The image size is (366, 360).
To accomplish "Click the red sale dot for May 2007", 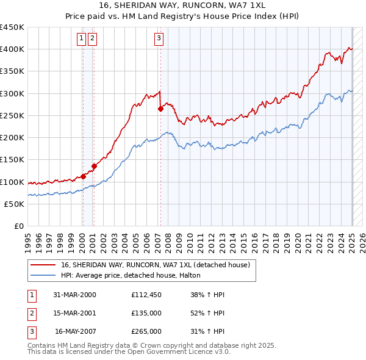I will tap(160, 109).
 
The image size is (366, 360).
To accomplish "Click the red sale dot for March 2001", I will tap(94, 166).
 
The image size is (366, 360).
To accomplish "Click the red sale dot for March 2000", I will tap(84, 176).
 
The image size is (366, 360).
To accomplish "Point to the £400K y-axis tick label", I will tap(12, 49).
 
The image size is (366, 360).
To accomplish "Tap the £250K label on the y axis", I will tap(12, 115).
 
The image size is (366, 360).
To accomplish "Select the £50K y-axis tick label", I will tap(15, 204).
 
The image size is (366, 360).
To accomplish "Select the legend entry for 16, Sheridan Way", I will tap(156, 265).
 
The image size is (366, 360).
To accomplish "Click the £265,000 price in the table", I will tap(146, 331).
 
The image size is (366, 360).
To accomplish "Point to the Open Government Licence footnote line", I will tap(129, 352).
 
